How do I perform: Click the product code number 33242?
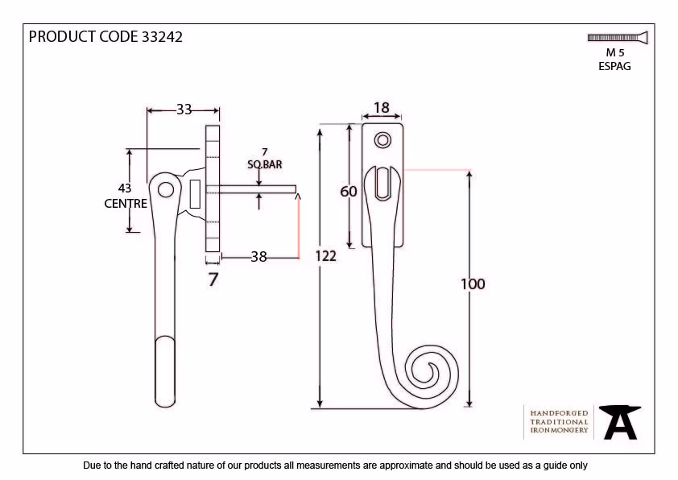[x=162, y=37]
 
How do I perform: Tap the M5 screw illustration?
[x=618, y=38]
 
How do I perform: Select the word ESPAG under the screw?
[x=614, y=66]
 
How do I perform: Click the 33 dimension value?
[x=184, y=110]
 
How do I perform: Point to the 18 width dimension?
[x=382, y=108]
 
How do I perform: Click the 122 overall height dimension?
[x=325, y=256]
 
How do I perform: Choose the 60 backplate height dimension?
[x=349, y=191]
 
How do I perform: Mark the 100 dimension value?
[x=473, y=284]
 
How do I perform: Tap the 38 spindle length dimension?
[x=258, y=257]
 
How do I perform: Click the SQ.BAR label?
[x=265, y=164]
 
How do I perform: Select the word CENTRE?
[x=126, y=203]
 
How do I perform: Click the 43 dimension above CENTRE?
[x=125, y=188]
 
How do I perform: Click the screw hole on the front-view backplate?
[x=382, y=141]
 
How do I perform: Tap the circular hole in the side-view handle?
[x=166, y=189]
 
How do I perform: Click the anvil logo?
[x=620, y=422]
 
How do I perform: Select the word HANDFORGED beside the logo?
[x=559, y=413]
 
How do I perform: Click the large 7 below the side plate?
[x=213, y=279]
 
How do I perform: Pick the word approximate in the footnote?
[x=407, y=466]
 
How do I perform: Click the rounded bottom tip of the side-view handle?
[x=165, y=405]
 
